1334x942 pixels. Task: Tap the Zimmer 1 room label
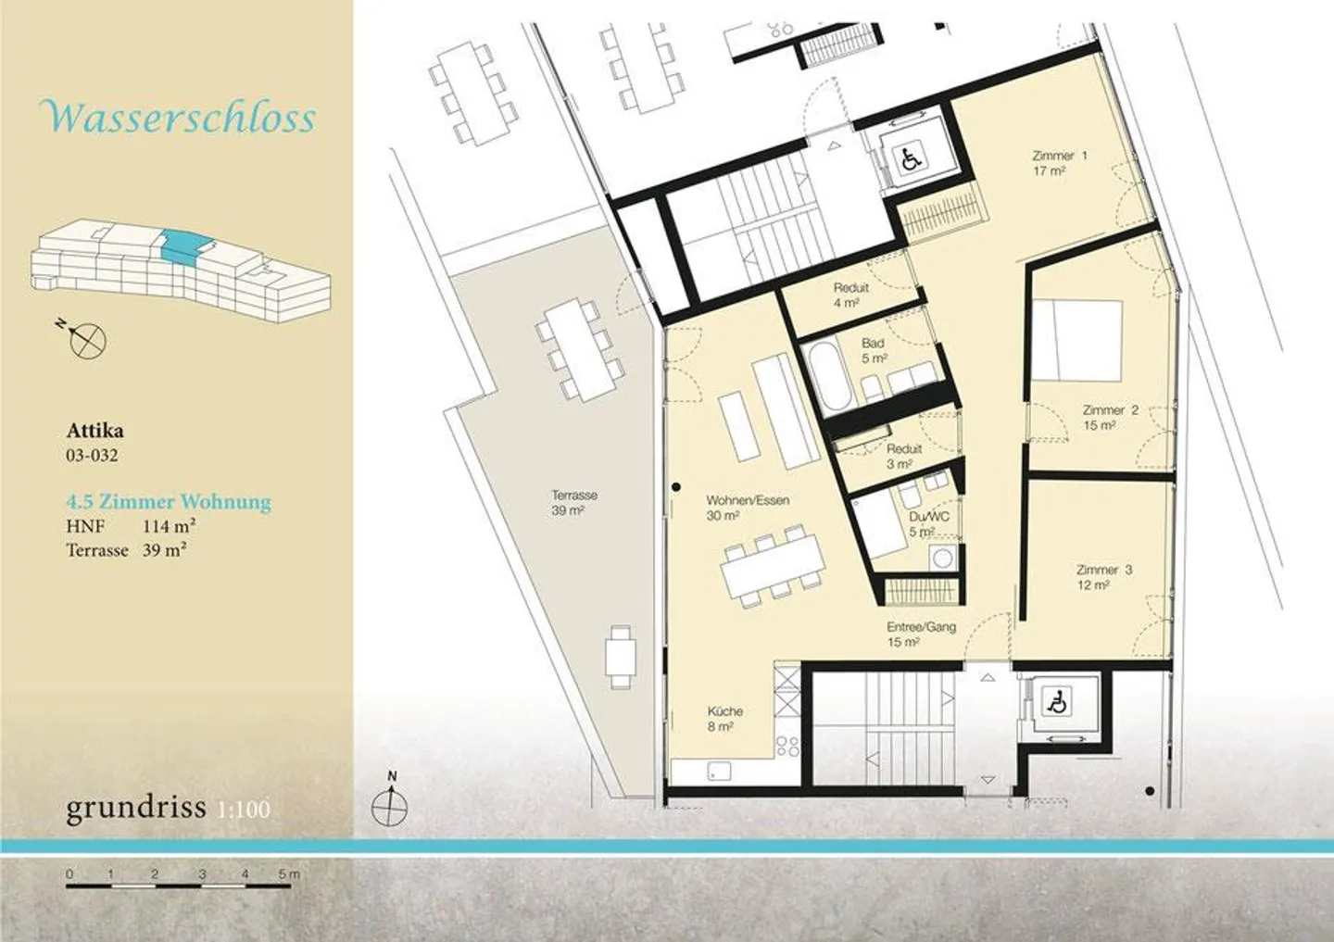(1060, 163)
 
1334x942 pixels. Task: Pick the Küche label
(724, 718)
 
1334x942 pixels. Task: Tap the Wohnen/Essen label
(748, 508)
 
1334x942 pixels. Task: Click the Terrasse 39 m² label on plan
(574, 502)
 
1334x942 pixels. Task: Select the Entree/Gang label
(921, 634)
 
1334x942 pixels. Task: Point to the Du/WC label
(929, 524)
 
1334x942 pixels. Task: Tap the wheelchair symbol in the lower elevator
(1056, 701)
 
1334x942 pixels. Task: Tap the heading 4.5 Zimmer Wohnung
(169, 501)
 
